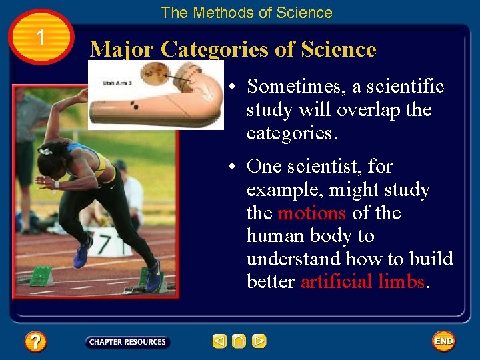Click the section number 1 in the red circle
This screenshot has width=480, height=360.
[41, 37]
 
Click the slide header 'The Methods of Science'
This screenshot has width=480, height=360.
[246, 12]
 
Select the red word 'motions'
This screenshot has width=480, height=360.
[311, 213]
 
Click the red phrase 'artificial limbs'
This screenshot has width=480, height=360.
[363, 282]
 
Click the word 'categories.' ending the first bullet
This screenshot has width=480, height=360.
[292, 133]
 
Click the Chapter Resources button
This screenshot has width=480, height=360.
[127, 342]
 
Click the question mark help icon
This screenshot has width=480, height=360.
[35, 342]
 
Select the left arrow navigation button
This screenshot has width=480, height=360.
[219, 342]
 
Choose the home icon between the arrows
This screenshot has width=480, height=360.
[239, 342]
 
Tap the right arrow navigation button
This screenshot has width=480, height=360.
[259, 342]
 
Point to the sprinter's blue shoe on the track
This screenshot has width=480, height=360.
[83, 254]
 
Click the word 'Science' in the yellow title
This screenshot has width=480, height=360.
[339, 49]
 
